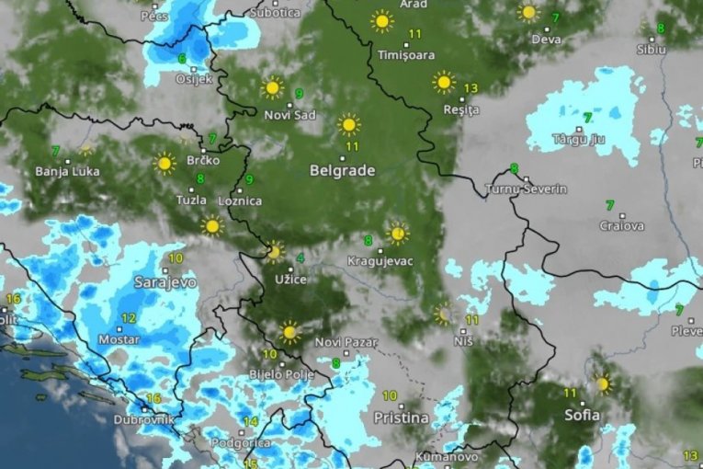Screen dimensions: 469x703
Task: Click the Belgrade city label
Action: coord(342,170)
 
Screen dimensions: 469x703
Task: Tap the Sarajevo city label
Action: coord(165,282)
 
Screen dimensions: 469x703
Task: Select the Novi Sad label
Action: coord(289,115)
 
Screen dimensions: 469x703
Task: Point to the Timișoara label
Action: coord(406,55)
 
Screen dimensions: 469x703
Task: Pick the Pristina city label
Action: coord(401,418)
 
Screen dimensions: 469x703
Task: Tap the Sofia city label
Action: coord(582,415)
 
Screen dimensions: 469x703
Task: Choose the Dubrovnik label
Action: coord(143,420)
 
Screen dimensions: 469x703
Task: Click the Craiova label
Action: coord(622,225)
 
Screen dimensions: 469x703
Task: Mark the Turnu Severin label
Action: coord(527,189)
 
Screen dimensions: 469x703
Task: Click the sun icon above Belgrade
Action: coord(348,124)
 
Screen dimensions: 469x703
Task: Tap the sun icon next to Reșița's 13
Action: coord(444,83)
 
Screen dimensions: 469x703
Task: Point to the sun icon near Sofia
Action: coord(602,383)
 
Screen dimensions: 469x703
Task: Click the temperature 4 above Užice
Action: coord(300,258)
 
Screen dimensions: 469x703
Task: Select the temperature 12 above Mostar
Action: coord(129,318)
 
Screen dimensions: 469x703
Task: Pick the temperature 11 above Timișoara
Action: coord(414,35)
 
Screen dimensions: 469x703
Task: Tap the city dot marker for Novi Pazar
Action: coord(346,351)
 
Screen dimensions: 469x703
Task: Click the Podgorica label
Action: coord(241,442)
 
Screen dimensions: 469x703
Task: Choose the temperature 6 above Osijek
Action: coord(182,59)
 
